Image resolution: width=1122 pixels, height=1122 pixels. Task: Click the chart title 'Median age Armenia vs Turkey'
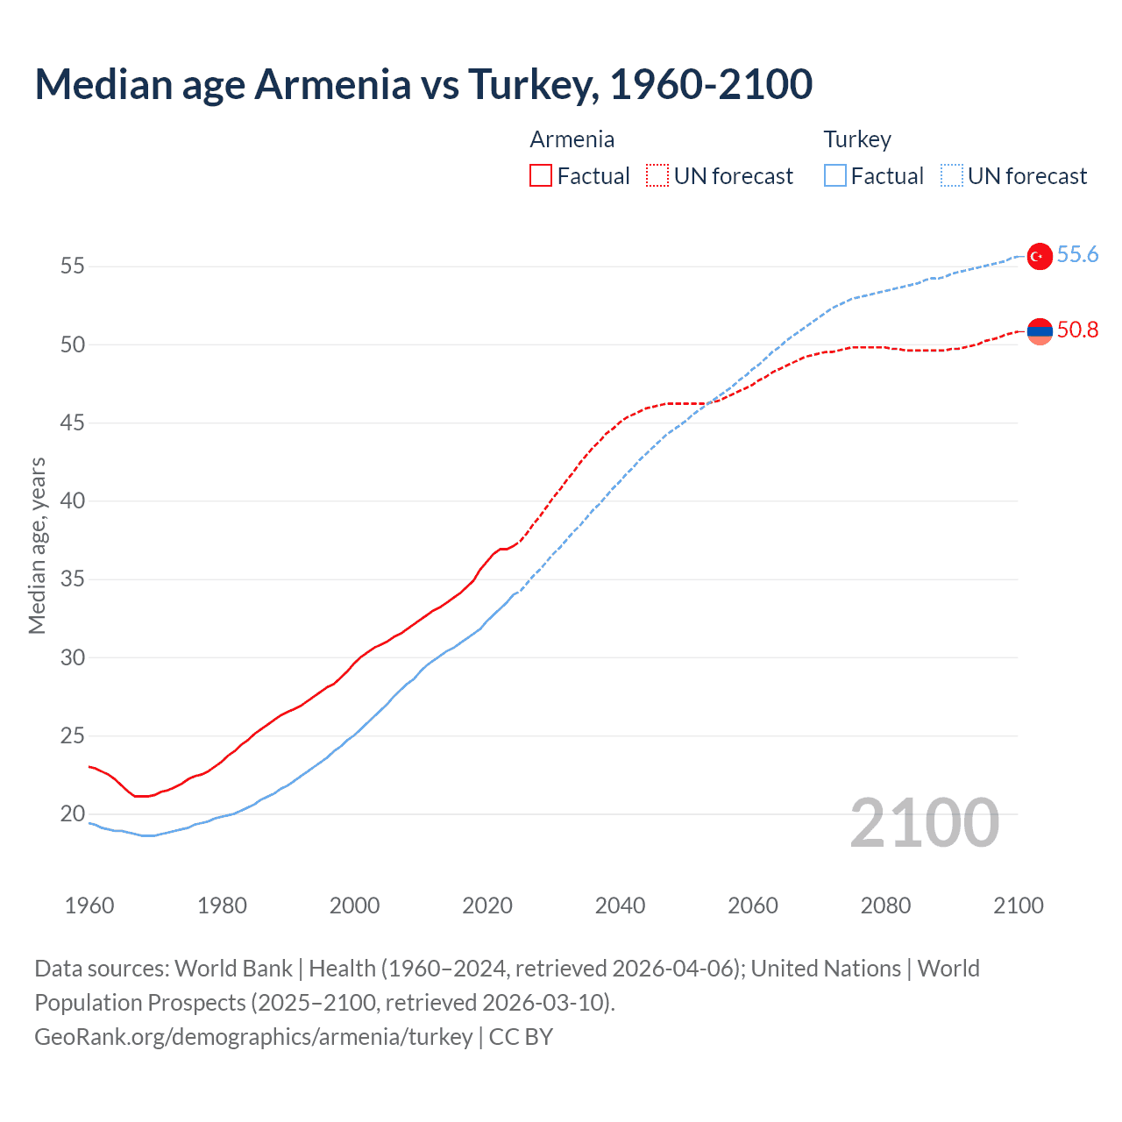423,84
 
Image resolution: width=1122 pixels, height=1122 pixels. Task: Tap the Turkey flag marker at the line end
1039,256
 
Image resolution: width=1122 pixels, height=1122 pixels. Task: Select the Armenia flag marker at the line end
1039,331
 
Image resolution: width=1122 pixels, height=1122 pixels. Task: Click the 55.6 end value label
1077,254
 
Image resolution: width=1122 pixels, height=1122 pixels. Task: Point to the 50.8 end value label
1077,330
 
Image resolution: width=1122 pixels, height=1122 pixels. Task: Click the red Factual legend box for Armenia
541,176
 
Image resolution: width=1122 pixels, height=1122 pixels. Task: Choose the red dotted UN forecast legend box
657,176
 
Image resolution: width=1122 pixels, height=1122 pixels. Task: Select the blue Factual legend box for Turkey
834,176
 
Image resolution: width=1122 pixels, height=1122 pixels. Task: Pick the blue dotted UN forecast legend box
951,176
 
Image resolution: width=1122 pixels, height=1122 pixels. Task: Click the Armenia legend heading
572,139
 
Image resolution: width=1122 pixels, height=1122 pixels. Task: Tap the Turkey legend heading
856,139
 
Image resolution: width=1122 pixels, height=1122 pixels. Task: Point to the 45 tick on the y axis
73,423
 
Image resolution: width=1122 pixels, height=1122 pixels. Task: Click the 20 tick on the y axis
73,813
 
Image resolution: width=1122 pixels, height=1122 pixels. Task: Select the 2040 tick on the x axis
620,905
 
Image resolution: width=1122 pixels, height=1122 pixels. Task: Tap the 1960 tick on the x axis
89,905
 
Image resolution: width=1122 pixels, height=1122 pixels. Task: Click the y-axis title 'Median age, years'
37,545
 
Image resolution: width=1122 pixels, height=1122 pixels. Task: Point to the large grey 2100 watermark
924,822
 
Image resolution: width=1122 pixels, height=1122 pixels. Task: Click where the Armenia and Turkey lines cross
707,403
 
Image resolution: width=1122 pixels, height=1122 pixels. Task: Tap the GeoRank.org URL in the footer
253,1037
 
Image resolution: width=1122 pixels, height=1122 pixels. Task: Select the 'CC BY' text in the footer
521,1037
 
